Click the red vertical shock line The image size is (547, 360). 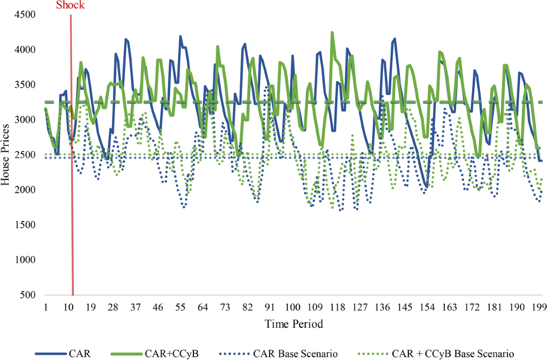(72, 182)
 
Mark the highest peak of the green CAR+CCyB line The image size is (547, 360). (332, 32)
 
